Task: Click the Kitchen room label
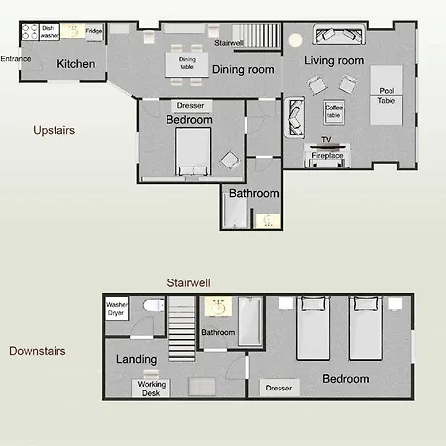click(x=76, y=64)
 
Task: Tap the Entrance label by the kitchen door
click(x=16, y=59)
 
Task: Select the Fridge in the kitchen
click(x=95, y=32)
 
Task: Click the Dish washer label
click(x=50, y=32)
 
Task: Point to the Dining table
click(x=187, y=64)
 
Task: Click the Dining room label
click(x=243, y=69)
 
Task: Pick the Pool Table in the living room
click(x=387, y=95)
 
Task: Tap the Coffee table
click(x=334, y=112)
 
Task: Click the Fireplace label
click(x=327, y=155)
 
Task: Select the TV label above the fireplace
click(x=326, y=139)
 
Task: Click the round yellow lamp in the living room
click(x=295, y=40)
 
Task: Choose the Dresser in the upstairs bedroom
click(x=191, y=106)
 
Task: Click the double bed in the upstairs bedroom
click(x=193, y=152)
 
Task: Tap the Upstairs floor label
click(x=55, y=130)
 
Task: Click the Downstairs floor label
click(x=38, y=351)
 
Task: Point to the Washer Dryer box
click(x=117, y=309)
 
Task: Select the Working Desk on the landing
click(x=151, y=389)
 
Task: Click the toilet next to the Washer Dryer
click(x=154, y=305)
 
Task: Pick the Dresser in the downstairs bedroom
click(x=279, y=388)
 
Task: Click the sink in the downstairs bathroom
click(x=218, y=307)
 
